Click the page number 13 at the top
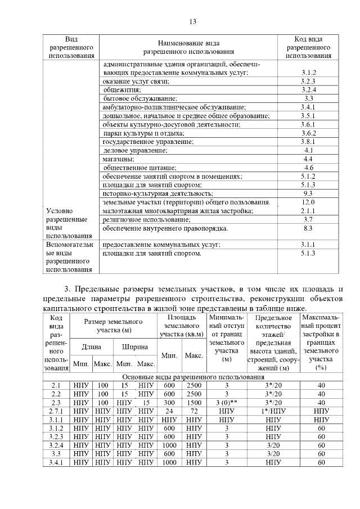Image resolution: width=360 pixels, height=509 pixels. point(192,22)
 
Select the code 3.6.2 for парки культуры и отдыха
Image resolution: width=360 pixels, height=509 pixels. point(308,133)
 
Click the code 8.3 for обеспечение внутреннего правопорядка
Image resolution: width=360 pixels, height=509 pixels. point(308,228)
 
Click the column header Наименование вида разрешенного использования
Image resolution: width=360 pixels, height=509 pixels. point(188,47)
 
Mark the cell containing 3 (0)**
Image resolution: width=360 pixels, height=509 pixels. point(227,403)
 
